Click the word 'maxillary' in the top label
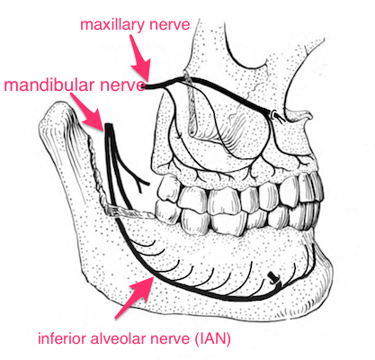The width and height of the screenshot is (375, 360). click(112, 26)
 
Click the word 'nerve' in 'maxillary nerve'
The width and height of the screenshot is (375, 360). click(170, 25)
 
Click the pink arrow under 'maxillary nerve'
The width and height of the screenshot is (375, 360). click(139, 58)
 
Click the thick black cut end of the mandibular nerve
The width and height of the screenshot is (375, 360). click(109, 127)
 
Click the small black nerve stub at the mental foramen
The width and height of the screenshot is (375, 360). click(273, 277)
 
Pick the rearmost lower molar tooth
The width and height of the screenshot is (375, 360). click(168, 211)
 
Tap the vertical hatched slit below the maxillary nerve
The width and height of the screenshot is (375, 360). click(192, 105)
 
